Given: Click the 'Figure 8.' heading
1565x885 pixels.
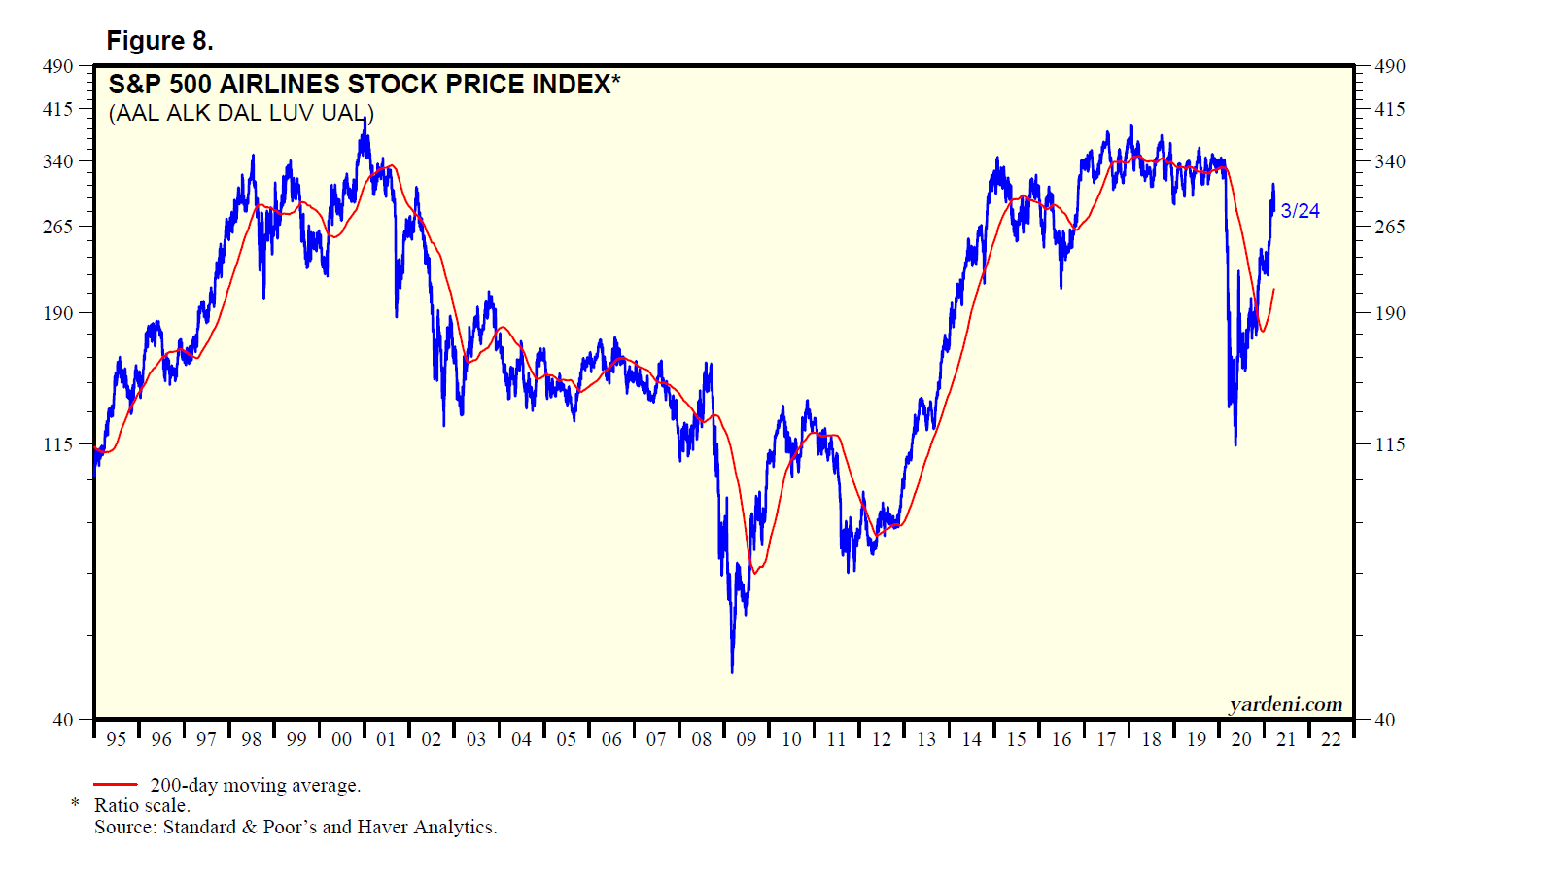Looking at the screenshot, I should click(159, 41).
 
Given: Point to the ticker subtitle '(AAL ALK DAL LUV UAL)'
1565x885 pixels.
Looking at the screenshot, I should click(241, 113).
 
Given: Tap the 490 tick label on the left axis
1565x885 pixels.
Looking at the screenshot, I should click(57, 66).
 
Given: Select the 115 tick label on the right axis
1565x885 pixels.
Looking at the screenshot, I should click(1390, 444).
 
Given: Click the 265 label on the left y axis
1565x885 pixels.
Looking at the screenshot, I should click(57, 227).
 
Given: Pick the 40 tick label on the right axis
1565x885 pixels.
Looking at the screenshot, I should click(1385, 720).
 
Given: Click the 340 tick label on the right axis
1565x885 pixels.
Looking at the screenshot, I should click(1390, 161).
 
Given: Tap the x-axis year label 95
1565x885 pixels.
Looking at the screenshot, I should click(117, 739).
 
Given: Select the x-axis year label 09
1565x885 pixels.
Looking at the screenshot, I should click(747, 739).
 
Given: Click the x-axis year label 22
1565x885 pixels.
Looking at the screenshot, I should click(1331, 739).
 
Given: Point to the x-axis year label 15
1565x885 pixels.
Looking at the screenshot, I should click(1017, 739).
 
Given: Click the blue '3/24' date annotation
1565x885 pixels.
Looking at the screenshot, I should click(1300, 211).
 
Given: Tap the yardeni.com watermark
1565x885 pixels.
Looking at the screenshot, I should click(1285, 704).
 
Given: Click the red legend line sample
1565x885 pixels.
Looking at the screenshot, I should click(116, 784).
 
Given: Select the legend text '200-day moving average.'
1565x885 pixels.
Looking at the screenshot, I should click(255, 785).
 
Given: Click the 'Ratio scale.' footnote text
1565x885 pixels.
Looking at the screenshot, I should click(142, 805).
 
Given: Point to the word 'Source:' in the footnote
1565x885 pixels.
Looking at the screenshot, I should click(126, 827).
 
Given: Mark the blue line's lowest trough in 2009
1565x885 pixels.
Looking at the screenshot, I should click(732, 671).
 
